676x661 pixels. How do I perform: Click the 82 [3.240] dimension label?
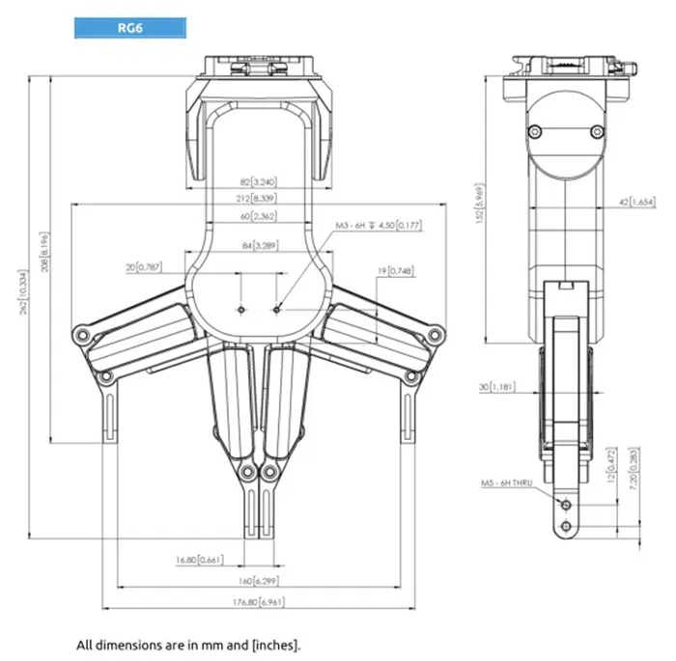click(258, 181)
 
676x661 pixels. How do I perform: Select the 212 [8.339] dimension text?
click(258, 199)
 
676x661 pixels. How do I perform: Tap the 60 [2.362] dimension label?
click(258, 216)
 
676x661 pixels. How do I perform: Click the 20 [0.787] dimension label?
click(144, 266)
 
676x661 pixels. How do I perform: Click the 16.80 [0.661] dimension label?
click(200, 559)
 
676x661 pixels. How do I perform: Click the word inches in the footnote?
click(281, 643)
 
